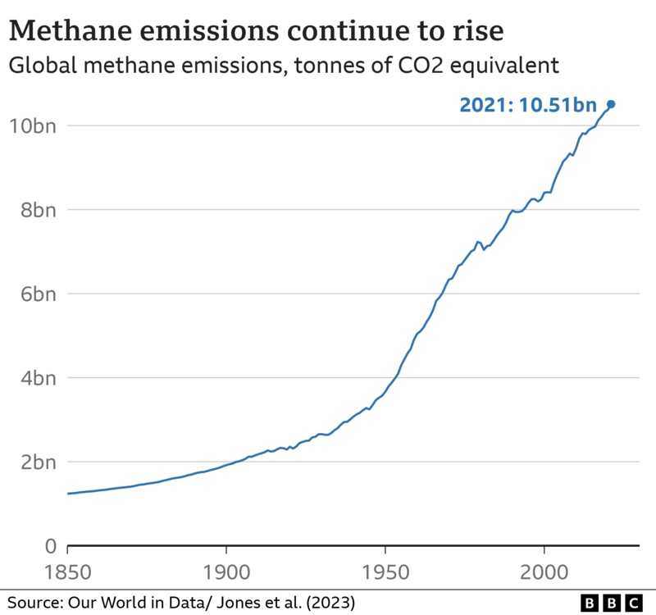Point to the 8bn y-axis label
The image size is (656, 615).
click(34, 210)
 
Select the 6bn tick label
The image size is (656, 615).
click(34, 294)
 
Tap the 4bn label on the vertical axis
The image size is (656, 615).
click(34, 378)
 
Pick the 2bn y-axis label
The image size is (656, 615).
click(34, 462)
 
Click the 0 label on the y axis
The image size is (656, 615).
click(49, 546)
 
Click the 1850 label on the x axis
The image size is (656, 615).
click(67, 571)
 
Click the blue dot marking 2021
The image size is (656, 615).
click(611, 104)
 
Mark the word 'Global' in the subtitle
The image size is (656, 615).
click(38, 64)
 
